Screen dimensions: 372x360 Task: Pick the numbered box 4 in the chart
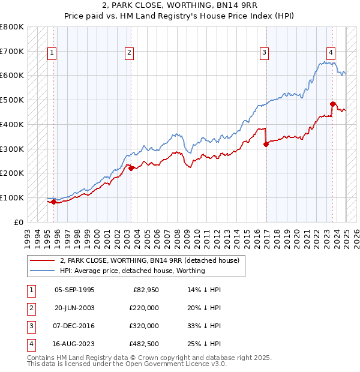tap(331, 52)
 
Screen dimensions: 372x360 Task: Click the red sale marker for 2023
tap(332, 104)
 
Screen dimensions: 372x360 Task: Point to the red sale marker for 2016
tap(266, 144)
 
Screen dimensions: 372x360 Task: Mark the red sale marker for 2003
tap(131, 169)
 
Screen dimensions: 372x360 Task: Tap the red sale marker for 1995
tap(53, 202)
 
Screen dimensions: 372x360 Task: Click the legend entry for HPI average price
tap(132, 271)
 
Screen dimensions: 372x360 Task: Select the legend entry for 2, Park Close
tap(149, 260)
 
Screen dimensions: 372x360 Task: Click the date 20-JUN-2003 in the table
tap(74, 308)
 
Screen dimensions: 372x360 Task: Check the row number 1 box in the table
tap(29, 290)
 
